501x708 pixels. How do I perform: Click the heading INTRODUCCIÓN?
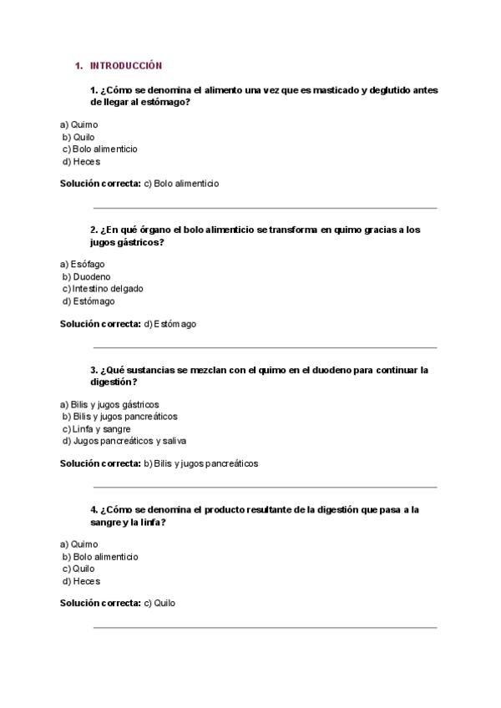click(125, 65)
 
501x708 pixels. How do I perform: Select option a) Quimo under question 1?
click(78, 124)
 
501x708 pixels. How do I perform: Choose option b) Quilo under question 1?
click(78, 137)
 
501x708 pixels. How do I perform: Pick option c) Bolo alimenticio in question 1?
click(99, 149)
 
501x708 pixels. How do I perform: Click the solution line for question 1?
click(139, 184)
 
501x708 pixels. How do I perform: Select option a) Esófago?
click(82, 264)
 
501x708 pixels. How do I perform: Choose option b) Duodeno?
click(86, 276)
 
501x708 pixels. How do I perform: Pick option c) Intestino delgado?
click(103, 288)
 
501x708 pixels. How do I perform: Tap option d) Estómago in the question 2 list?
click(89, 301)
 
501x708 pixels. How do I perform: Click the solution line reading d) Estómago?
click(128, 324)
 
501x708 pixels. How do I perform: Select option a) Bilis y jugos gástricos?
click(109, 404)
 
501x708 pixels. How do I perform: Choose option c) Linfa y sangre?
click(96, 428)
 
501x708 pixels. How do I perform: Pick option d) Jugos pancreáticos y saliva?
click(124, 441)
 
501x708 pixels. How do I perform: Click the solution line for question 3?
click(159, 463)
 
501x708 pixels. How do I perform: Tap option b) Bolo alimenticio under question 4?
click(99, 556)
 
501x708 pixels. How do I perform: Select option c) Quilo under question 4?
click(78, 569)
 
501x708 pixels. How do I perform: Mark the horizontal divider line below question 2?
click(265, 347)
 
